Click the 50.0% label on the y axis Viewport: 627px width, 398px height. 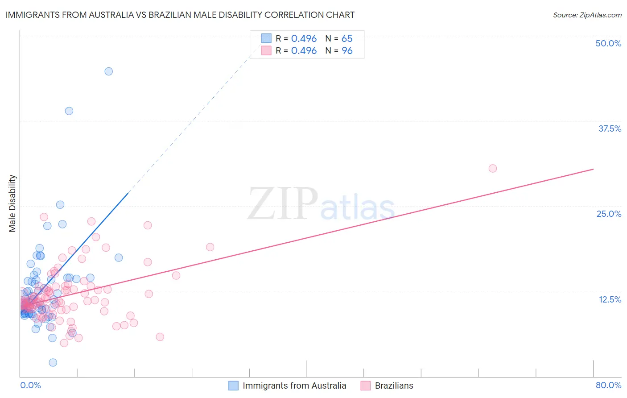point(608,43)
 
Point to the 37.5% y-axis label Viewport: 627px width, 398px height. point(610,129)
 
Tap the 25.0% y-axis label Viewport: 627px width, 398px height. point(609,214)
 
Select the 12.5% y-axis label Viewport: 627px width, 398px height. point(610,299)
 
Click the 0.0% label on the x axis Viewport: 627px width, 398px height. point(30,385)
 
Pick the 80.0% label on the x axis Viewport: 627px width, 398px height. point(608,385)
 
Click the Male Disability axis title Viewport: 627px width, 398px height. point(12,203)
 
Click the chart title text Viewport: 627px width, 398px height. point(180,15)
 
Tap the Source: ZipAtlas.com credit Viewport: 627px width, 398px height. point(587,15)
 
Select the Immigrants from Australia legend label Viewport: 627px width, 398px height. point(294,386)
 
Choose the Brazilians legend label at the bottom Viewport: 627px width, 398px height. point(394,386)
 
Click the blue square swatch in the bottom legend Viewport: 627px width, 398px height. point(233,386)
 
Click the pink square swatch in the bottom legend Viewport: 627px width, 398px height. point(366,386)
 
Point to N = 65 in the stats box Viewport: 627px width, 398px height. point(339,39)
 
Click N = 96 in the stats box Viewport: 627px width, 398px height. point(339,51)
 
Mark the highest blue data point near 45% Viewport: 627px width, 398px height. point(108,71)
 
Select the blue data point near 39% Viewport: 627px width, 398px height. point(69,111)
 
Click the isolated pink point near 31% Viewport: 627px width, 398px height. point(493,168)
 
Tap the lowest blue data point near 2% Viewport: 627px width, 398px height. point(53,362)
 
